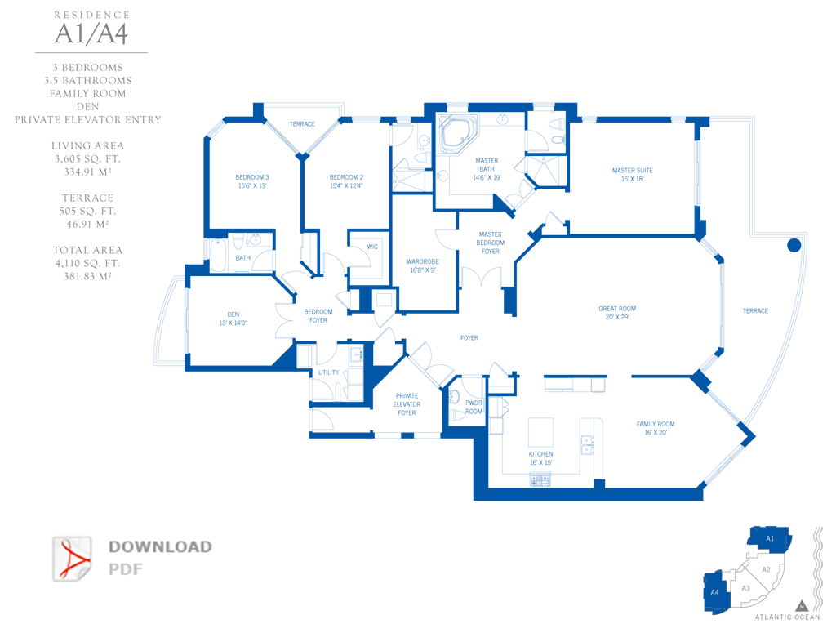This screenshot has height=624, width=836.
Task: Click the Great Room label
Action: [617, 313]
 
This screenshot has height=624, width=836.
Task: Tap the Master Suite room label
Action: [633, 175]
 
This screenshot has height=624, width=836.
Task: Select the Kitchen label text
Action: [540, 458]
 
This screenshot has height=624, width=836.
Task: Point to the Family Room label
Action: [656, 428]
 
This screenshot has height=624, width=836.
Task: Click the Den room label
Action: [233, 319]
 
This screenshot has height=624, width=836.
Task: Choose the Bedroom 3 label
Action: [252, 181]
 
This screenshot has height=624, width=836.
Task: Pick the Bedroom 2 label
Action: [346, 181]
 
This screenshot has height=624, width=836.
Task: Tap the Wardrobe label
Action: [422, 265]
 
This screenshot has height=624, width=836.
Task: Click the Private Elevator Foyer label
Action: [407, 404]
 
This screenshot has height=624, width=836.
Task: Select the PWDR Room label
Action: [474, 407]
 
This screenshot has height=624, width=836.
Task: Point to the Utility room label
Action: [328, 372]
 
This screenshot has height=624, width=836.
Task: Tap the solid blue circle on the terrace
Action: [794, 245]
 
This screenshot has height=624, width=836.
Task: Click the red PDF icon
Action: [73, 559]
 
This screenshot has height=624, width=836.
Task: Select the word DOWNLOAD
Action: [160, 546]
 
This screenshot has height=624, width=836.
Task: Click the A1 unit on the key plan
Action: [769, 539]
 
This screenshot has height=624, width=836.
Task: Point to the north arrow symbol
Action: [802, 606]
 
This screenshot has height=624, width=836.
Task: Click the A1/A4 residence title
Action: [91, 33]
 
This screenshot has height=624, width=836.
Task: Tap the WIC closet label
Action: [372, 247]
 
